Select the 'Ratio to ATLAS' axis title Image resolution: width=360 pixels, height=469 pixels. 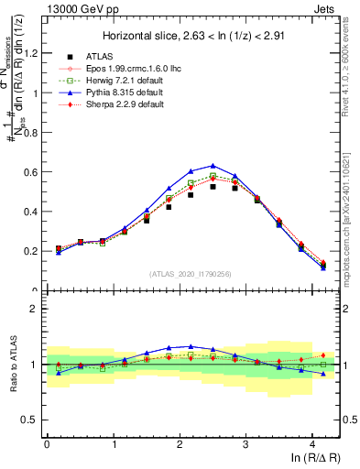[x=15, y=365]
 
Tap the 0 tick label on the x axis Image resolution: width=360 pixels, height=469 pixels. [x=47, y=443]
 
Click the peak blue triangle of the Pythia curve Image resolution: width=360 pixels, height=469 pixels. [x=213, y=166]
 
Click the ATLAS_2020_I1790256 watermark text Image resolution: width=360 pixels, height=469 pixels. [x=190, y=274]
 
